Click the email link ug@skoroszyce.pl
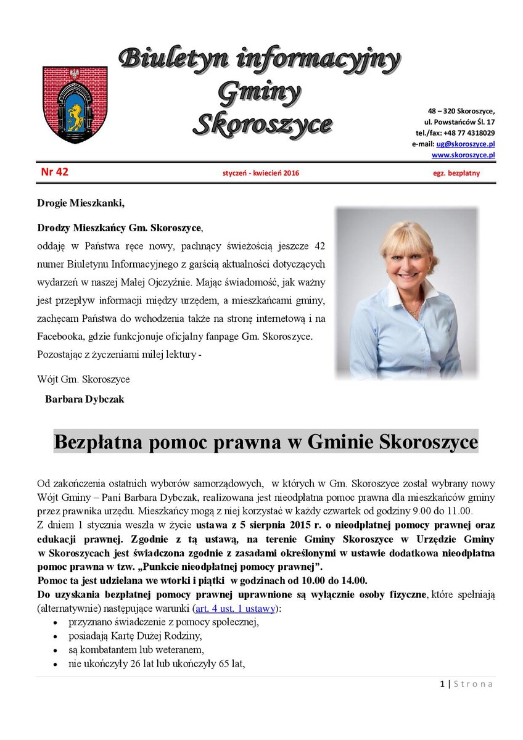[466, 144]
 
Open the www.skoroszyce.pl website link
[463, 155]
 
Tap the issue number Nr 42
[54, 173]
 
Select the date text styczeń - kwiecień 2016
[260, 173]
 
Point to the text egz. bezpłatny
[456, 173]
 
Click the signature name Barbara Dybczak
[84, 399]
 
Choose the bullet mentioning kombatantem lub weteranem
[136, 650]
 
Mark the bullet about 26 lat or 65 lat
[157, 664]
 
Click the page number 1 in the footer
[442, 683]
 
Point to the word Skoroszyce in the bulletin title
[261, 124]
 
